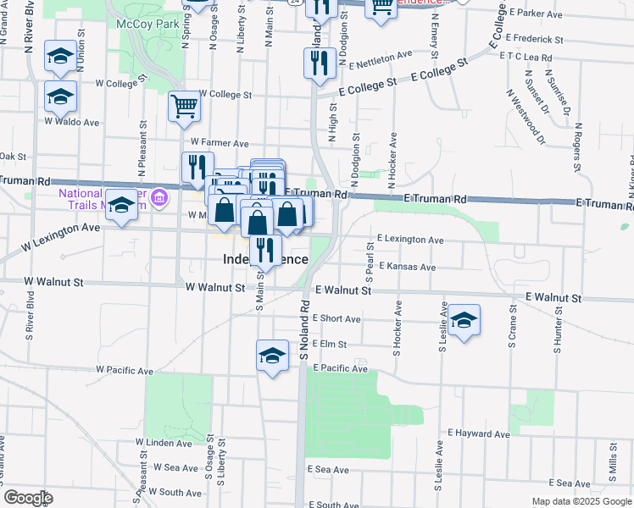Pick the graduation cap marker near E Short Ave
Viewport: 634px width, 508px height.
click(464, 320)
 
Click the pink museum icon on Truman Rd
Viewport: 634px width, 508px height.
click(160, 201)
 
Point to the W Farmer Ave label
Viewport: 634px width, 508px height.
click(220, 143)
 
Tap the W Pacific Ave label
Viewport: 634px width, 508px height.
click(125, 371)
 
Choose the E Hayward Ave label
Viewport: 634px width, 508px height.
click(480, 434)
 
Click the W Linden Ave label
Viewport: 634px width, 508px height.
click(164, 443)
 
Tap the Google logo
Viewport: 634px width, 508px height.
click(28, 498)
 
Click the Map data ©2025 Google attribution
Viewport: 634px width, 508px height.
click(581, 501)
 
